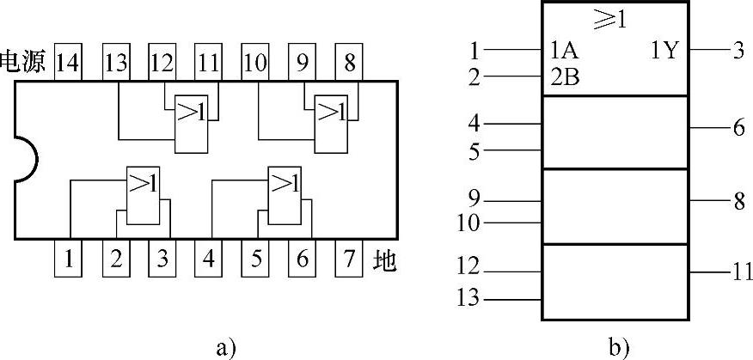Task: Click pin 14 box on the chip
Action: click(x=68, y=63)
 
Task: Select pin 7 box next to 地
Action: click(x=346, y=258)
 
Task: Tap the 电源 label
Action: click(x=27, y=63)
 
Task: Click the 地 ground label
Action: click(x=384, y=259)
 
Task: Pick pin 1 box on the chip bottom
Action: click(x=68, y=258)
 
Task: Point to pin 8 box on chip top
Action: click(x=346, y=63)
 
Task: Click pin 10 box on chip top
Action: click(x=254, y=63)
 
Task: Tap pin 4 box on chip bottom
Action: click(x=208, y=258)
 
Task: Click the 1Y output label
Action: click(x=664, y=51)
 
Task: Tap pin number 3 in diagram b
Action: click(x=737, y=50)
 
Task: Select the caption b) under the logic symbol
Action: click(x=618, y=347)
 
